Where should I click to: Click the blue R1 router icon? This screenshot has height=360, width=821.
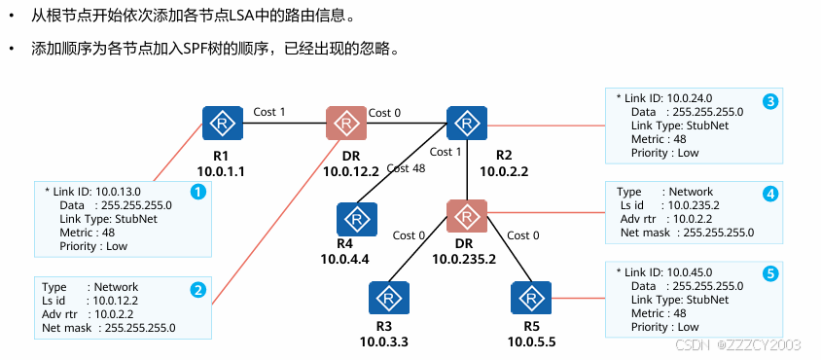[x=223, y=124]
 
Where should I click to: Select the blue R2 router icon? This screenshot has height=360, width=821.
[x=467, y=124]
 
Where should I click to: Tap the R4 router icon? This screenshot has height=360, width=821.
[x=357, y=219]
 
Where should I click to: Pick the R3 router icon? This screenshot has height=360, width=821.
[x=389, y=298]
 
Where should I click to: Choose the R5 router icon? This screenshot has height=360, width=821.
[x=531, y=298]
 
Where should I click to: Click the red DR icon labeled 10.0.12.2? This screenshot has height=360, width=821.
[x=346, y=124]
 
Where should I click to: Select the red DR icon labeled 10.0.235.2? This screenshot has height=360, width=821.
[x=467, y=216]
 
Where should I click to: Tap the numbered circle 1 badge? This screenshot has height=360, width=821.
[x=197, y=193]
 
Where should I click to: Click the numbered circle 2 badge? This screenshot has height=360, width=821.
[x=197, y=290]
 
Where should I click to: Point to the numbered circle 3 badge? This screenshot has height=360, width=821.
[x=770, y=101]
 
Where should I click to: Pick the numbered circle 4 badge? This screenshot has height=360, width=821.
[x=770, y=195]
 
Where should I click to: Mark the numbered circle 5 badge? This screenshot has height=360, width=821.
[x=770, y=273]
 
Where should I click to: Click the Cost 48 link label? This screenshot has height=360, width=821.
[x=406, y=168]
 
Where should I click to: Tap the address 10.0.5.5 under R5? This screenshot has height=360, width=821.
[x=531, y=342]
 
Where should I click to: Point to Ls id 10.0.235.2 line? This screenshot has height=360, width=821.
[x=668, y=205]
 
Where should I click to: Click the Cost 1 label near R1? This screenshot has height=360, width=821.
[x=269, y=112]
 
